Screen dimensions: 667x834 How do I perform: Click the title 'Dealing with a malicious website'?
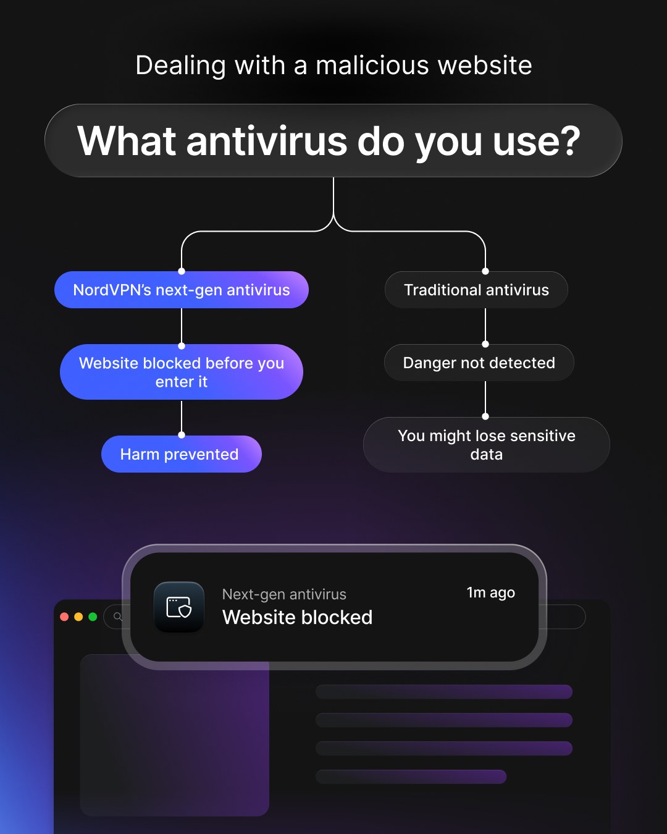point(333,65)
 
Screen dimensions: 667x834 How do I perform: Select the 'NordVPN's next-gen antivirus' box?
point(182,290)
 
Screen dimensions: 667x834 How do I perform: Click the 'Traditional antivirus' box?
point(476,290)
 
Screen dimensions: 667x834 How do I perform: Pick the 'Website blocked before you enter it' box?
point(182,372)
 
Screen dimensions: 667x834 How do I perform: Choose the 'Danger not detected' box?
point(479,363)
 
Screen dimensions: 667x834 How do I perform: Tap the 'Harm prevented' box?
point(182,454)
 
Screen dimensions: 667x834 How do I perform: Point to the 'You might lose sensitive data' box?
point(487,445)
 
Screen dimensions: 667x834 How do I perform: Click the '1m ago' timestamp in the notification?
point(490,592)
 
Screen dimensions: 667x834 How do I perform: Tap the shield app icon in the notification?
point(179,607)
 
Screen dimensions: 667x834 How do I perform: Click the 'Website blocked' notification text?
point(297,617)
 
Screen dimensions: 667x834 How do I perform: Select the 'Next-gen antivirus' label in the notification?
point(284,594)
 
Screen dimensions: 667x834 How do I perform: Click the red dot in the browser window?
point(64,617)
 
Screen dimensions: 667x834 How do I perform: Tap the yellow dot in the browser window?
point(78,617)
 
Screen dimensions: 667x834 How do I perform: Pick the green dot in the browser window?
point(93,617)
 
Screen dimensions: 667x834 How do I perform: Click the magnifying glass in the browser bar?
point(118,616)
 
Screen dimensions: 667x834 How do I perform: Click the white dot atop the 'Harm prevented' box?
point(182,435)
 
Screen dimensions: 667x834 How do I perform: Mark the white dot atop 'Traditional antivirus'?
point(485,271)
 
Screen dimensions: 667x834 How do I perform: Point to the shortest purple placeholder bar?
point(411,777)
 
